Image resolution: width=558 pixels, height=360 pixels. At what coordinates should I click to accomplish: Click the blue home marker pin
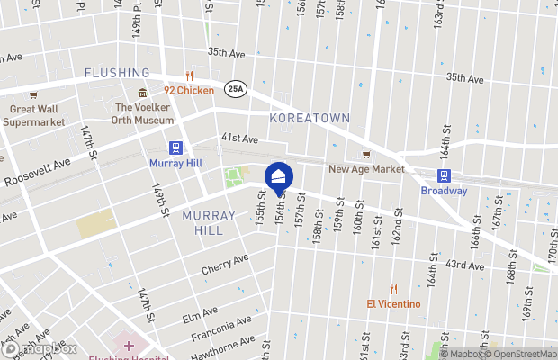[278, 175]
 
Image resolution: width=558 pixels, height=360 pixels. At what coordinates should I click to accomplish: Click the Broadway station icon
[444, 175]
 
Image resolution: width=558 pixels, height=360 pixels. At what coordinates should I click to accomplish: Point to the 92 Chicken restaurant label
[189, 90]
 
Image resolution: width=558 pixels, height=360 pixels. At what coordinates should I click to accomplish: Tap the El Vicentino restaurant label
[393, 303]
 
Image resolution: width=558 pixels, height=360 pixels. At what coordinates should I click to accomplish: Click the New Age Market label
[365, 168]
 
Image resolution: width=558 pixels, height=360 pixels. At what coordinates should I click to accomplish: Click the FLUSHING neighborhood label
[117, 73]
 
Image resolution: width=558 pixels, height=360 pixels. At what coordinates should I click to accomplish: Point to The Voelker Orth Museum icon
[142, 94]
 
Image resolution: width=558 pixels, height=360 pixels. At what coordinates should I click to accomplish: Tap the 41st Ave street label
[239, 139]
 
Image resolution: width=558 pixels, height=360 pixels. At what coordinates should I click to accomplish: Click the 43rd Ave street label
[470, 264]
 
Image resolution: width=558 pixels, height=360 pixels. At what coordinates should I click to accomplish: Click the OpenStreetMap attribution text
[517, 353]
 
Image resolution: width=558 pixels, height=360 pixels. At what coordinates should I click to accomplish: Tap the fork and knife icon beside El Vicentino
[393, 289]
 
